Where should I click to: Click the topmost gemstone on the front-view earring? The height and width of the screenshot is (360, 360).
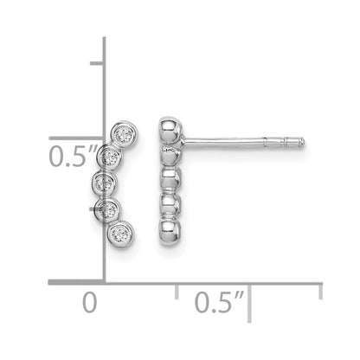pyautogui.click(x=125, y=134)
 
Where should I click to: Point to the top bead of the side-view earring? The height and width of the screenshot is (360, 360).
pyautogui.click(x=170, y=131)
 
